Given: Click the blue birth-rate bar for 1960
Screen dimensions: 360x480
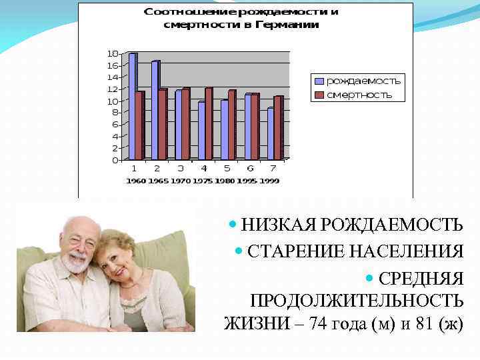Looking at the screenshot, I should [x=132, y=107].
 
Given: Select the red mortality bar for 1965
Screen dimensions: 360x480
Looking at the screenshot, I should [x=163, y=125].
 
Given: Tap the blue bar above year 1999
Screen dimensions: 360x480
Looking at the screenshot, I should [x=270, y=134].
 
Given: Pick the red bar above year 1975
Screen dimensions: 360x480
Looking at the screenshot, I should [x=209, y=124].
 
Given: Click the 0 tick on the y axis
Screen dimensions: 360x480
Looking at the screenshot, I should [x=115, y=160].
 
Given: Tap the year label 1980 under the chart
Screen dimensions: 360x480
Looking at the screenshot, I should [x=225, y=181].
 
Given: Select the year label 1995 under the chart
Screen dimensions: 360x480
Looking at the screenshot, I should [x=248, y=181].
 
